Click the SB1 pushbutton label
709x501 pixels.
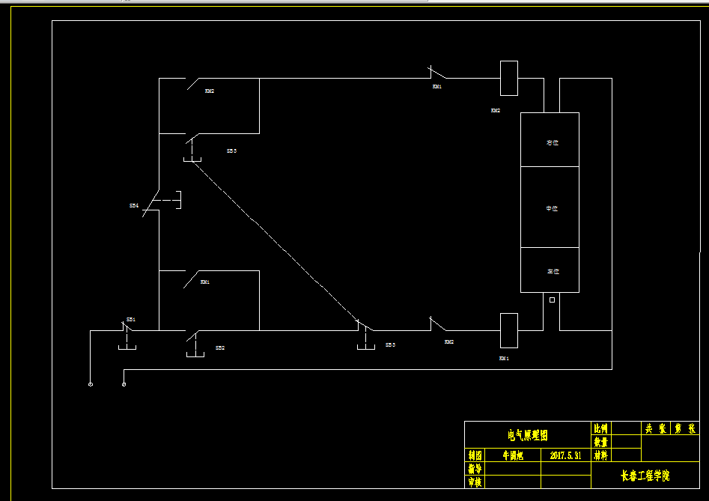pyautogui.click(x=130, y=320)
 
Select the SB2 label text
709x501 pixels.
pyautogui.click(x=220, y=348)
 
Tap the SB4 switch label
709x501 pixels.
pyautogui.click(x=134, y=205)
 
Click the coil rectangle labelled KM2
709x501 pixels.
pyautogui.click(x=509, y=79)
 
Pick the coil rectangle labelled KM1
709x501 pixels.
pyautogui.click(x=509, y=330)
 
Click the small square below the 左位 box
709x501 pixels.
pyautogui.click(x=553, y=300)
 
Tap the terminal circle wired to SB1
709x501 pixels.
pyautogui.click(x=91, y=385)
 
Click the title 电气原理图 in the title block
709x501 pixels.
pyautogui.click(x=528, y=435)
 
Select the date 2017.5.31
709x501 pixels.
pyautogui.click(x=566, y=455)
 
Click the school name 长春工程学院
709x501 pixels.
pyautogui.click(x=645, y=476)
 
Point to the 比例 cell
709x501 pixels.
pyautogui.click(x=600, y=428)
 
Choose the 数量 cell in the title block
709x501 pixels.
pyautogui.click(x=600, y=442)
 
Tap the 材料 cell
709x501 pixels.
pyautogui.click(x=600, y=455)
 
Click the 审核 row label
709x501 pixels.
pyautogui.click(x=474, y=482)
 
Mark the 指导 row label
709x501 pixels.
pyautogui.click(x=474, y=469)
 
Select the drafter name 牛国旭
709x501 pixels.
pyautogui.click(x=512, y=455)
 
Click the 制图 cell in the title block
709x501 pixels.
pyautogui.click(x=474, y=455)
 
